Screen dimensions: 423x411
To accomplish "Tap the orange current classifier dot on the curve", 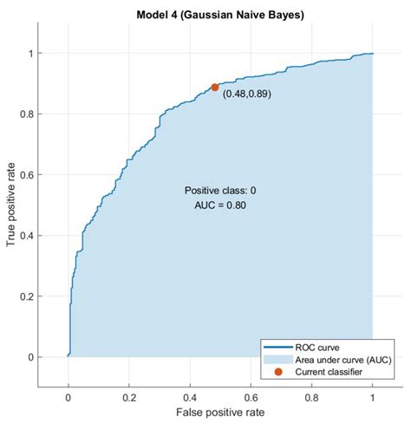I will point(214,87).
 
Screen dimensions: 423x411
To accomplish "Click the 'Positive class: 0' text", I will point(220,191).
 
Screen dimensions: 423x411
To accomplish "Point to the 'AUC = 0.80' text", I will point(220,206).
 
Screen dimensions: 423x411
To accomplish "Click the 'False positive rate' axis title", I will point(220,414).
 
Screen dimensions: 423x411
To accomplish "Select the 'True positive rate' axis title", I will point(11,205).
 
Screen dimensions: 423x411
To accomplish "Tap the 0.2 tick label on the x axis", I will point(129,397).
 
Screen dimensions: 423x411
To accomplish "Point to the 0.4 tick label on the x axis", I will point(190,397).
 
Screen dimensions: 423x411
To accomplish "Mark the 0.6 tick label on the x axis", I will point(251,397).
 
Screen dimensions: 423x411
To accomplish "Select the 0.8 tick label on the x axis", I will point(311,397).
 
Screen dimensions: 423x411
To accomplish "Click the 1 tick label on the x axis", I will point(373,397).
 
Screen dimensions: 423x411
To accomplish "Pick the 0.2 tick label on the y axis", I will point(29,296).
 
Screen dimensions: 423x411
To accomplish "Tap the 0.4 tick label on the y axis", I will point(29,236).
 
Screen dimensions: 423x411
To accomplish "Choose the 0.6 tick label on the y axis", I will point(29,175).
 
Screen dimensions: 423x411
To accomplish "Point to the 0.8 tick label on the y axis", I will point(29,114).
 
